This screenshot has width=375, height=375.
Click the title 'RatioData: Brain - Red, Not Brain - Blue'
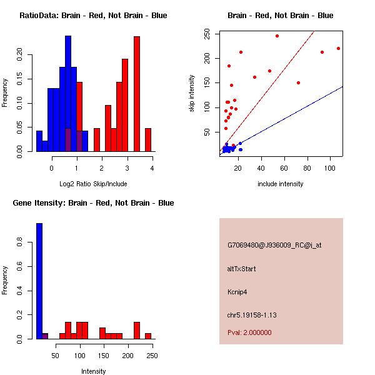pyautogui.click(x=93, y=16)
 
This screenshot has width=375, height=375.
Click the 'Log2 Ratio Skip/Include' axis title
pyautogui.click(x=92, y=184)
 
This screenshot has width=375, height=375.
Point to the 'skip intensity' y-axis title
pyautogui.click(x=192, y=94)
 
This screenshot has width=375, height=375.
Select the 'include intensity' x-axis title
pyautogui.click(x=280, y=184)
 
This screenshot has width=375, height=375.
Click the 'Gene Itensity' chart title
pyautogui.click(x=93, y=203)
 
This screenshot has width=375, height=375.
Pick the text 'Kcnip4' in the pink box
pyautogui.click(x=238, y=291)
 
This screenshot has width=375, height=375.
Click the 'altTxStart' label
pyautogui.click(x=242, y=269)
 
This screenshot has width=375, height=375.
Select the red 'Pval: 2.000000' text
pyautogui.click(x=249, y=332)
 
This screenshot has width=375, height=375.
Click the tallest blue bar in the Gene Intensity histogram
pyautogui.click(x=39, y=281)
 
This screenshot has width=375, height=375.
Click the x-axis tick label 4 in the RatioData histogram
pyautogui.click(x=152, y=168)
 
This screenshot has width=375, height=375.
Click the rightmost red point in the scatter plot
pyautogui.click(x=338, y=48)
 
